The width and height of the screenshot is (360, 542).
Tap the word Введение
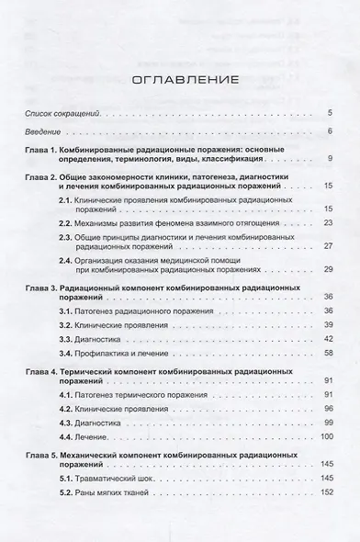pyautogui.click(x=42, y=132)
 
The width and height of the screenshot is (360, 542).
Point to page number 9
pyautogui.click(x=329, y=159)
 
